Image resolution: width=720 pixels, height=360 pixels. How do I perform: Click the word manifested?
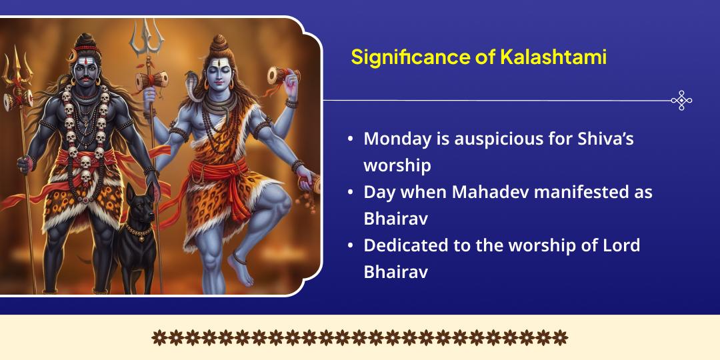tap(579, 192)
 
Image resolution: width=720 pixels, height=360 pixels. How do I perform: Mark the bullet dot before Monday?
tap(350, 140)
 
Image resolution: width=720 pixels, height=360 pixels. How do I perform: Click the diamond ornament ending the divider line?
tap(681, 101)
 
